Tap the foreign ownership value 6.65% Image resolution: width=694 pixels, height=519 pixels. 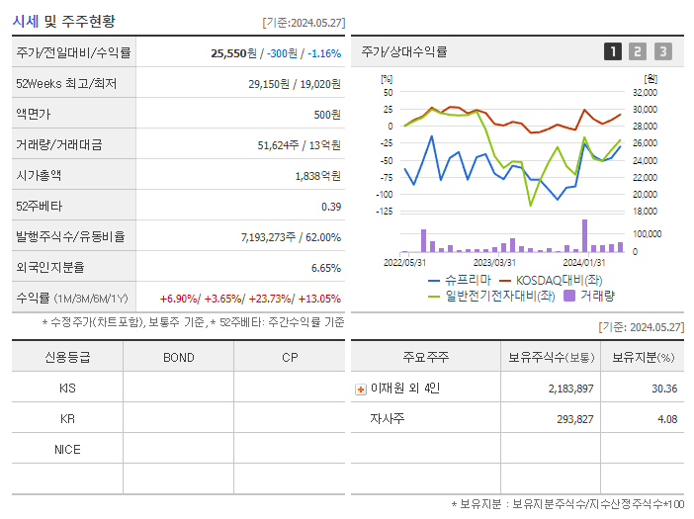coord(325,267)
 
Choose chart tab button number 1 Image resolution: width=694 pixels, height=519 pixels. coord(613,51)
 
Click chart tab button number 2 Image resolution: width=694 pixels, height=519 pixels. coord(638,51)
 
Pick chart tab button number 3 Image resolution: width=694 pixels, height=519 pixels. coord(662,51)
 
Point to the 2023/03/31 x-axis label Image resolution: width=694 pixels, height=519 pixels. coord(494,262)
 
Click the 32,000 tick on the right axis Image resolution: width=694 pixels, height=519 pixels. coord(645,92)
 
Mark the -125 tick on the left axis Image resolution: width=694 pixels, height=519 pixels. coord(385,211)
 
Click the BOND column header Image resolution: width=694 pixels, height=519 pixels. coord(178,357)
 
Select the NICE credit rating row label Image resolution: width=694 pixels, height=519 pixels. coord(67,449)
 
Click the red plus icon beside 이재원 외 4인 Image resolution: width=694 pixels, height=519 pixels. coord(360,389)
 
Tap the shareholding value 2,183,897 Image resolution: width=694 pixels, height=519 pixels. coord(570,389)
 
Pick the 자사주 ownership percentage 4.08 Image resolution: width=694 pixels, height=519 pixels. coord(665,419)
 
